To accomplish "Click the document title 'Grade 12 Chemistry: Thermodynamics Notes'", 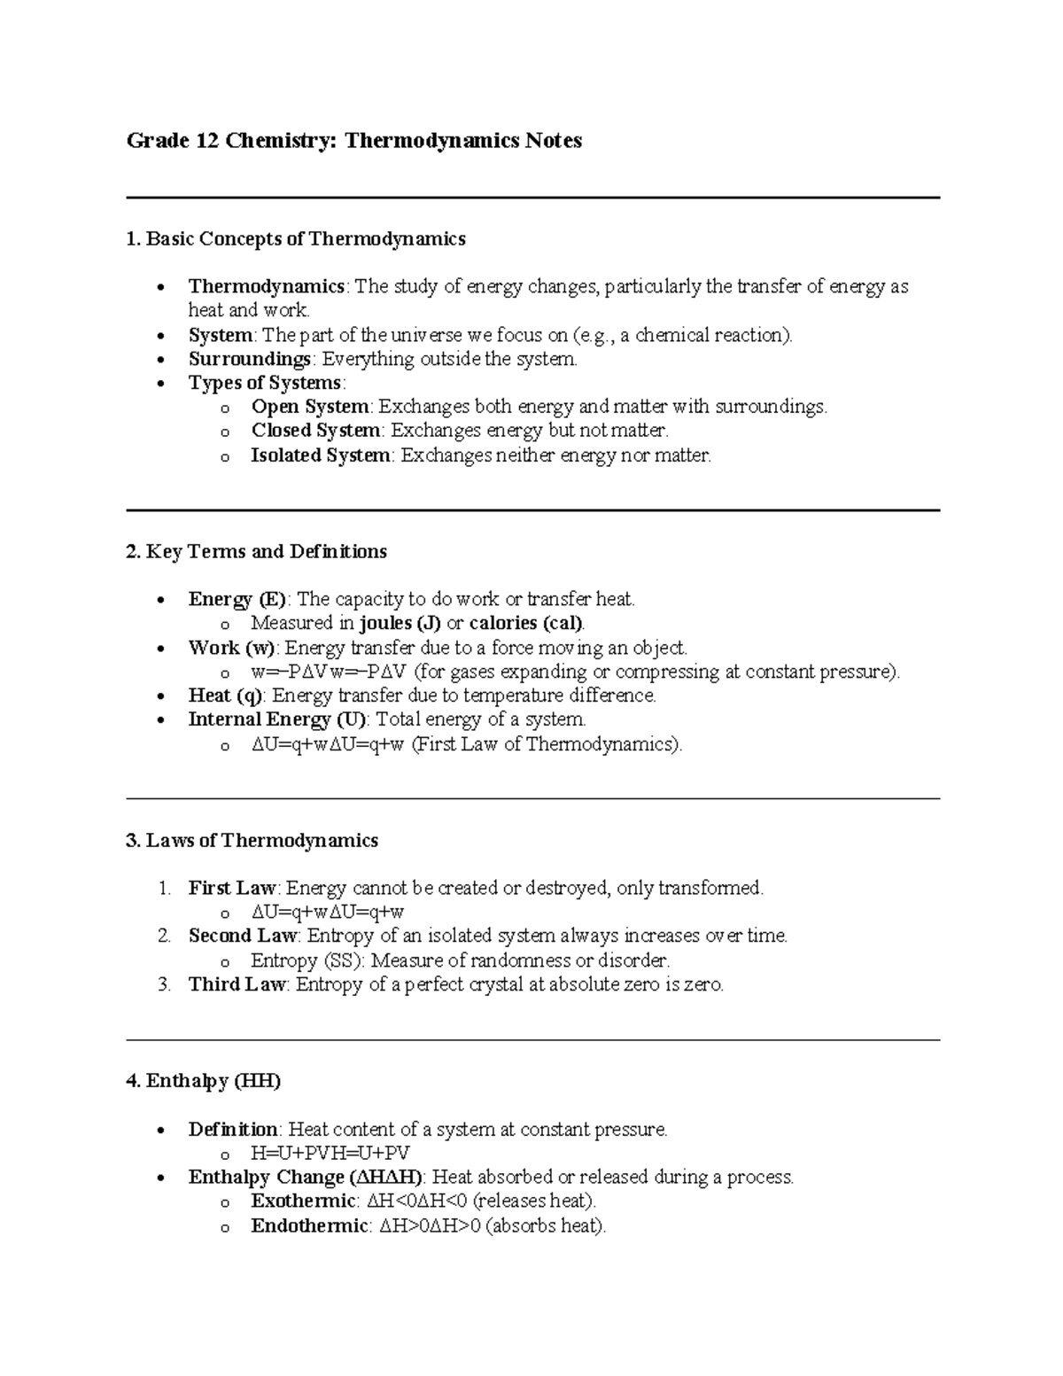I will (354, 141).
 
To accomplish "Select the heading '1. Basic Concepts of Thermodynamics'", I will (296, 238).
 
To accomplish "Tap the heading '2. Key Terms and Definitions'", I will (257, 551).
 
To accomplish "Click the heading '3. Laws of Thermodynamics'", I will (252, 840).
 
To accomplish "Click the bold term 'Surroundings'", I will (249, 359).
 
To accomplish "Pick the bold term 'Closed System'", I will (315, 431).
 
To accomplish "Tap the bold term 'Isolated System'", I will (320, 455).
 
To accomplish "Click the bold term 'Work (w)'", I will (231, 648).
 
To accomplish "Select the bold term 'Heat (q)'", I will (225, 696).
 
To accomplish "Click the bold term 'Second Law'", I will (243, 936).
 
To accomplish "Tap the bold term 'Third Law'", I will (237, 984).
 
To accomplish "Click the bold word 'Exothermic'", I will (303, 1201).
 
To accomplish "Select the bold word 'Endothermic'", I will (309, 1226).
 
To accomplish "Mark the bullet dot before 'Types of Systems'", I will (159, 385).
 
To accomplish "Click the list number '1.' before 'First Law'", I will (163, 888).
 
